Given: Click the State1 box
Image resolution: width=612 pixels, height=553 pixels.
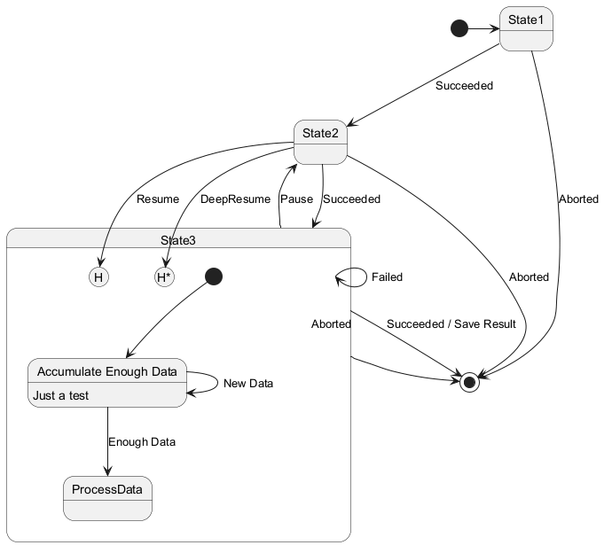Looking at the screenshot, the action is pos(526,29).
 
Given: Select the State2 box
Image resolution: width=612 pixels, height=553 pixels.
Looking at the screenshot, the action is pos(320,142).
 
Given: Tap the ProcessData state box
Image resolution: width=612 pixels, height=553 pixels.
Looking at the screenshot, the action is pos(107,498).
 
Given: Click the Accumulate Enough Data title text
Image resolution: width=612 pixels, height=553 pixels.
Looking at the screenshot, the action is pos(107,371).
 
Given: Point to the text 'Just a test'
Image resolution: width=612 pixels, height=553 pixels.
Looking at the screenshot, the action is pos(61,395).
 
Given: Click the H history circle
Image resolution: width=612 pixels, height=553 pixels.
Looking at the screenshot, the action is pos(98,277).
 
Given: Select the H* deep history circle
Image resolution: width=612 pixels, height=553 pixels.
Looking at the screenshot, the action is pos(164,277).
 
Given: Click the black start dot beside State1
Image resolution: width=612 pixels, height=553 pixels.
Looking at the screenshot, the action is pos(459,28).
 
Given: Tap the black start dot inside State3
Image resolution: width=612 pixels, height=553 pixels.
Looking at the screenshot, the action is pos(214,276).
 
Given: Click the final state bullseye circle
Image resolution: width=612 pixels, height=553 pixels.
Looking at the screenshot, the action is pos(469,383).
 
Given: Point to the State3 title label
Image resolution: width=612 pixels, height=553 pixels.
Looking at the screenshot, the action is pos(178,240).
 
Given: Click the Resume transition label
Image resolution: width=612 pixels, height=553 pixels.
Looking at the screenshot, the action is pos(158,199).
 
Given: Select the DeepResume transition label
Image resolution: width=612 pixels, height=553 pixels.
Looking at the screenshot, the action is pos(235,199).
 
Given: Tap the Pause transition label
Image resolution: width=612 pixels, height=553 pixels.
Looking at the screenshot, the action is pos(296,199).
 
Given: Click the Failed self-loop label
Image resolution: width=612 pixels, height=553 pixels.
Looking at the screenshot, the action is pos(387,276).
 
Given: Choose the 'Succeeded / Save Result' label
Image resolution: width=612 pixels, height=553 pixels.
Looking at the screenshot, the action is pos(451,324).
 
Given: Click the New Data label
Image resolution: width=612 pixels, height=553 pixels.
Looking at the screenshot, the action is pos(248,384).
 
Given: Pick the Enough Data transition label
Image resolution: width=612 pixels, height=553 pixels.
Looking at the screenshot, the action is pos(142,442).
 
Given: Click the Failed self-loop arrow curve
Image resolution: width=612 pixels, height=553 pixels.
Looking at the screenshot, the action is pos(366,277).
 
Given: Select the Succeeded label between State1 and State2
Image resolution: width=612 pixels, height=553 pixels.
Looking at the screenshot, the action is pos(464,86).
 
